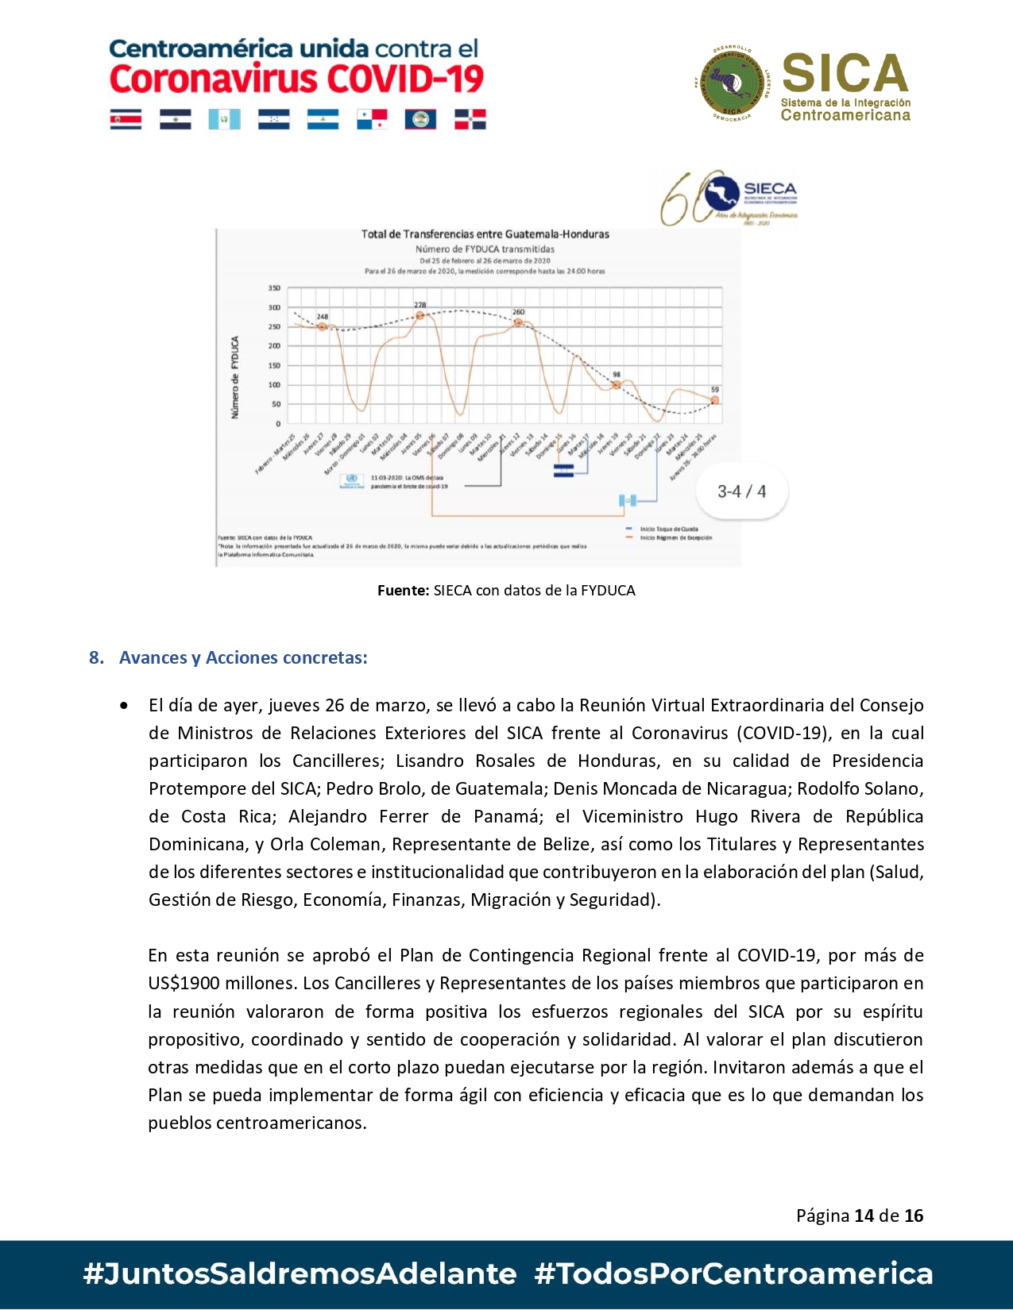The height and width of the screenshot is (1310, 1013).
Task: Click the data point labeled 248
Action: (x=323, y=326)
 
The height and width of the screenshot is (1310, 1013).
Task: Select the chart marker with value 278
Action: (x=420, y=315)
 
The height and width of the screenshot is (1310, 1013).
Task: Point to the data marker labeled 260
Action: (x=518, y=322)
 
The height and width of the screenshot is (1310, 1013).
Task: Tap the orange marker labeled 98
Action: (x=617, y=385)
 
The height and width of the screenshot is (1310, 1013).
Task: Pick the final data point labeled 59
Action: (x=714, y=400)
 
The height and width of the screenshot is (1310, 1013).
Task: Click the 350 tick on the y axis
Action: (x=274, y=288)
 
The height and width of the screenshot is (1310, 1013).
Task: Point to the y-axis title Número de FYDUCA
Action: (x=235, y=377)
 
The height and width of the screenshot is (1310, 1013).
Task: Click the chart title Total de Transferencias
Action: (x=485, y=234)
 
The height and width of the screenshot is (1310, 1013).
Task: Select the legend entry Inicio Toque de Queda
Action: (x=668, y=529)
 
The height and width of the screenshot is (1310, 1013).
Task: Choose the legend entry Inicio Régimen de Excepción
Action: (x=675, y=537)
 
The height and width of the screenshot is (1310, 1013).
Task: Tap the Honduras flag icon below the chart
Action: (x=563, y=472)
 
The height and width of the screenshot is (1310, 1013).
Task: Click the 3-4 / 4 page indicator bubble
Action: (x=741, y=491)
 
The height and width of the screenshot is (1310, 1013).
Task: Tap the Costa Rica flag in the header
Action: (x=126, y=119)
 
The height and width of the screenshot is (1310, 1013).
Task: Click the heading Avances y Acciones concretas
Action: (x=243, y=657)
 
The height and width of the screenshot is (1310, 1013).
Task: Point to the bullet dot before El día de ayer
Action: (x=124, y=705)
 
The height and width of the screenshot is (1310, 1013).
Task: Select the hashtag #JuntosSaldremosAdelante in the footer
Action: (x=300, y=1273)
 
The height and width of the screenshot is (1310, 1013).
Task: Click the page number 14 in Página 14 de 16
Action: (x=864, y=1216)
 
